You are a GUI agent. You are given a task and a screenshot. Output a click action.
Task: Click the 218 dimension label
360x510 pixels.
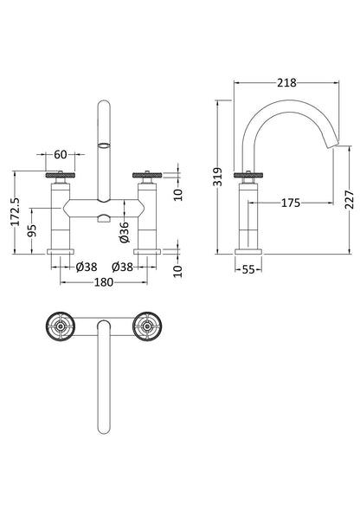click(x=287, y=82)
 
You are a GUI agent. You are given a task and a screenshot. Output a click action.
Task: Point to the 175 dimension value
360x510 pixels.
click(x=290, y=203)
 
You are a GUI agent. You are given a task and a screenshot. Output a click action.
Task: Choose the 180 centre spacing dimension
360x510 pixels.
click(x=106, y=281)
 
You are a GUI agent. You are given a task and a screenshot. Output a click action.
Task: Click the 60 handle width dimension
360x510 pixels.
click(x=61, y=156)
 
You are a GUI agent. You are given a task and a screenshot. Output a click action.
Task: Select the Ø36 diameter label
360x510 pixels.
click(x=125, y=229)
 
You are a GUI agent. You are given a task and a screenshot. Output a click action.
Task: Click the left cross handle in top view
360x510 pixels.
click(x=61, y=327)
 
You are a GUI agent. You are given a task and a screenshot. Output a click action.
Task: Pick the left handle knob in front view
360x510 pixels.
click(x=61, y=177)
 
